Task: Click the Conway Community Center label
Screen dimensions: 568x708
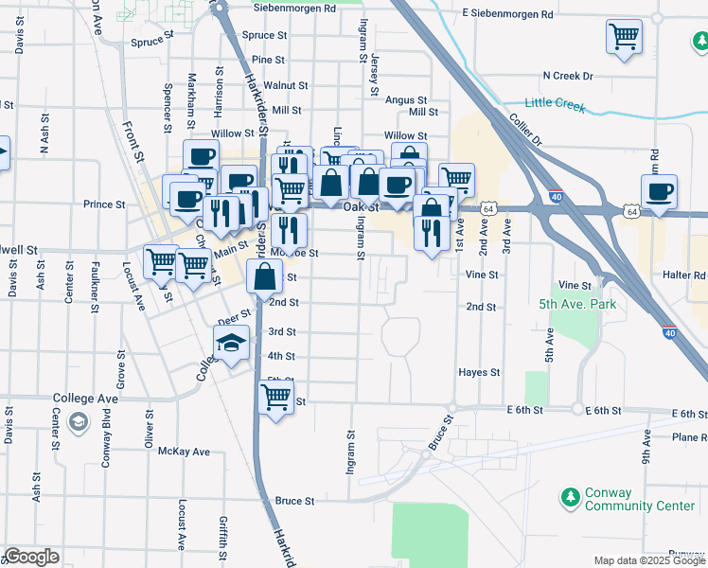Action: (x=640, y=499)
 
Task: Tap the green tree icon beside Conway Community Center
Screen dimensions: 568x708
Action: (x=571, y=497)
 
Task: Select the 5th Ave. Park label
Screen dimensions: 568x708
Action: (x=576, y=304)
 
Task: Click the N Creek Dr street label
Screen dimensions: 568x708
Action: (x=567, y=76)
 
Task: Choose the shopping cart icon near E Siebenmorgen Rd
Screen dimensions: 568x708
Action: (x=624, y=38)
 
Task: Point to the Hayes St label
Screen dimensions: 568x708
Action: (x=478, y=373)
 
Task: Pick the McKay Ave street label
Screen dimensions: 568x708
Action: (x=184, y=452)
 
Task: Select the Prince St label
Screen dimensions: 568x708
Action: (x=104, y=204)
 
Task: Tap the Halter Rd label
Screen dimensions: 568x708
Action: (x=686, y=275)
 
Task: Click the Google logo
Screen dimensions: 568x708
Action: (x=31, y=558)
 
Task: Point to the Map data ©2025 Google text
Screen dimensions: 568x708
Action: (x=648, y=560)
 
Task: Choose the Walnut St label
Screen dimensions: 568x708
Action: (x=286, y=84)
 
